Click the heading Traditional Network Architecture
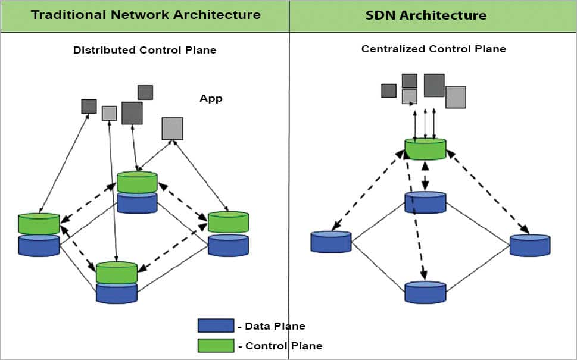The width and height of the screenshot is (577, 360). tap(145, 14)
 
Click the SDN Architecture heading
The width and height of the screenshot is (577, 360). tap(426, 14)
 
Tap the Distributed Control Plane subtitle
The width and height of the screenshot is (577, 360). tap(145, 51)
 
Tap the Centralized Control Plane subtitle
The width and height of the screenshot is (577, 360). tap(433, 49)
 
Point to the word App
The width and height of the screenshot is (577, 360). tap(211, 99)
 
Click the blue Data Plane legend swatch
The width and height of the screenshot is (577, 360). tap(216, 325)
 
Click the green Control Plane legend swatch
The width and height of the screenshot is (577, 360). tap(216, 346)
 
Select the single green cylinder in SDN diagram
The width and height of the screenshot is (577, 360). tap(425, 149)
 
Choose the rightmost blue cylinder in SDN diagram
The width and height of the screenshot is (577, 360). tap(530, 245)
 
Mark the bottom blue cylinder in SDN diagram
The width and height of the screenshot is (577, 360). tap(425, 293)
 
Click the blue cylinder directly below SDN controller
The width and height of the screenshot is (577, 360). tap(425, 202)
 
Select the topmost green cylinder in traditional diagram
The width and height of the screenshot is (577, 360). tap(137, 181)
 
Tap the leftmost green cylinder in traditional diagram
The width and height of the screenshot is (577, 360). tap(39, 223)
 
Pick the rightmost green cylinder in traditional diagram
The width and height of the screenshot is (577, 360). tap(228, 222)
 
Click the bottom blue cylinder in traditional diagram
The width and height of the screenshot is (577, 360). tap(117, 293)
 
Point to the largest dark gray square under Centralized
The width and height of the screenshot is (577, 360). tap(434, 85)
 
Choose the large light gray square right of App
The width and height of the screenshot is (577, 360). tap(172, 129)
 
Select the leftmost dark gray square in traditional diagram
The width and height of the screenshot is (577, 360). tap(89, 107)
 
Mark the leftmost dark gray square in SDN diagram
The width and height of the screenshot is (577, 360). tap(389, 90)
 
